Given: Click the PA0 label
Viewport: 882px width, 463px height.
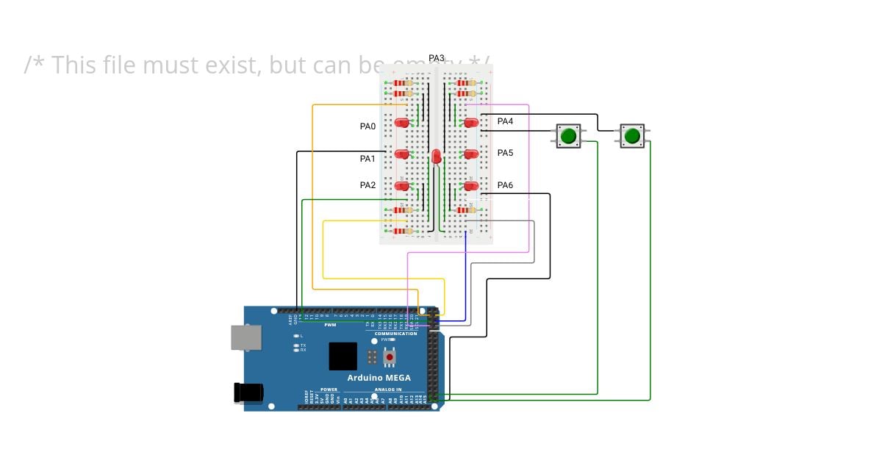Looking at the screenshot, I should click(x=367, y=126).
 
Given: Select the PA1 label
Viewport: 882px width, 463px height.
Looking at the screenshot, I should click(x=367, y=159).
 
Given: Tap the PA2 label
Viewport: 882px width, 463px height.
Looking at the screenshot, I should click(x=367, y=185).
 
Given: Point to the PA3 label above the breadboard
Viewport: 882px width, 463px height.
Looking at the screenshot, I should click(x=437, y=58).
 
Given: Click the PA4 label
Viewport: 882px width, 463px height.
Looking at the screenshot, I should click(x=505, y=121).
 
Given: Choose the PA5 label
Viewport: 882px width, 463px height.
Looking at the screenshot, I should click(x=505, y=153).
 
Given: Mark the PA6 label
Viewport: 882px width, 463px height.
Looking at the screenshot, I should click(x=505, y=185).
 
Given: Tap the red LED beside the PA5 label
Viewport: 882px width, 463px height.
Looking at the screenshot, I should click(x=471, y=154).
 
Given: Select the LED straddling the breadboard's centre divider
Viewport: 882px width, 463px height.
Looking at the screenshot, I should click(x=437, y=156).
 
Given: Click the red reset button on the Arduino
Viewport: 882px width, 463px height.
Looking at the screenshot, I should click(x=390, y=357).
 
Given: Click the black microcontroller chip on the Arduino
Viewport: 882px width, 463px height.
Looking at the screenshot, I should click(x=343, y=356).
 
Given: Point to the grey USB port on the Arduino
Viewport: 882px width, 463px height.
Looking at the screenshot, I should click(x=245, y=337).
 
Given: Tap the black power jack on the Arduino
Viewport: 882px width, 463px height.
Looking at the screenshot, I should click(x=248, y=392).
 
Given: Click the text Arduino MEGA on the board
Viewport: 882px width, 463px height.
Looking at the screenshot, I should click(x=379, y=378).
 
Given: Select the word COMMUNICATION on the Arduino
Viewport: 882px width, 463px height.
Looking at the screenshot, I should click(x=395, y=334).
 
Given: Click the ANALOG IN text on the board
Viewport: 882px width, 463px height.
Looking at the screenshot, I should click(x=388, y=390).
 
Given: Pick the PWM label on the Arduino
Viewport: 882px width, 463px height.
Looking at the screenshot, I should click(x=330, y=324).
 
